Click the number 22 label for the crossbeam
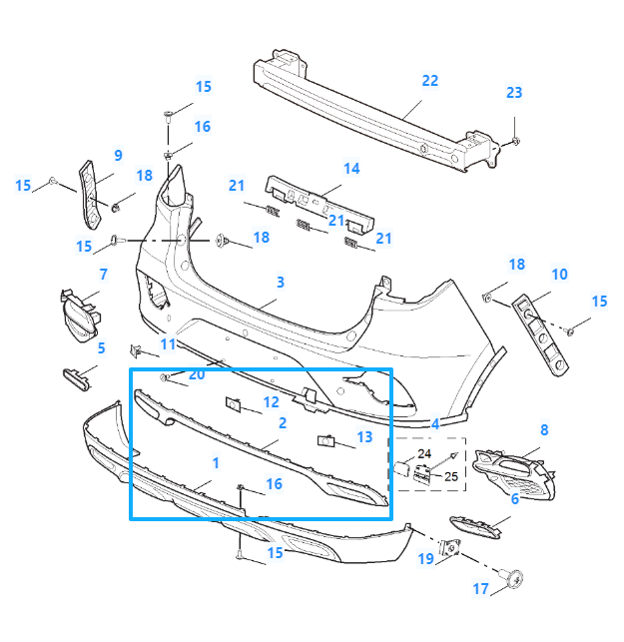430,81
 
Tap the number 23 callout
514,93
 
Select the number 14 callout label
351,169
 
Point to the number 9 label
118,155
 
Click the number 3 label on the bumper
281,283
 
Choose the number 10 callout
559,275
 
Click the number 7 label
103,274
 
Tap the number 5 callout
101,347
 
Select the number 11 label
168,344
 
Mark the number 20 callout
197,374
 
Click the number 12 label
272,402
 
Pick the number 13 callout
363,436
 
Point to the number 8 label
544,429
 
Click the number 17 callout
481,589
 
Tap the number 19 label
426,559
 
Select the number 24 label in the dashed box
424,454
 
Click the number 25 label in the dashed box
451,476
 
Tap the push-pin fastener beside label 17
518,576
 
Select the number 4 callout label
435,423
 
